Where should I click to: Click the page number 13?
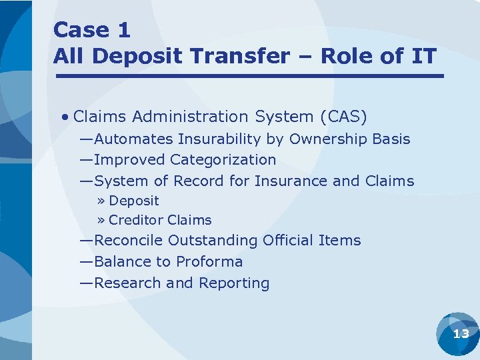[461, 334]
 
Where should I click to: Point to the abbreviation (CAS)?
[343, 117]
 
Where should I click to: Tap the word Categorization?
[223, 160]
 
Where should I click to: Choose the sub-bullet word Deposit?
[134, 201]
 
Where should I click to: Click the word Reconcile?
[129, 241]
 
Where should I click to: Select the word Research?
[128, 283]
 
